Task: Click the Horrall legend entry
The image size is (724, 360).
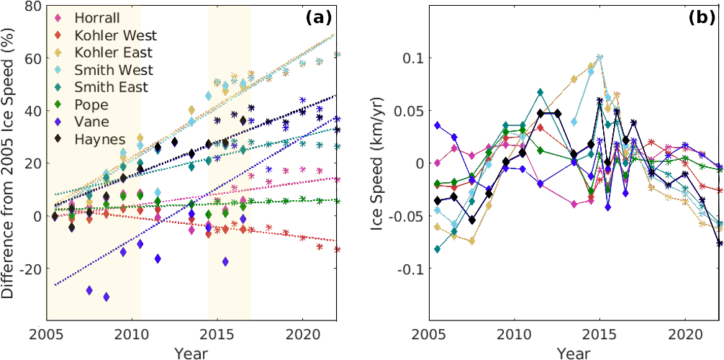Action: pyautogui.click(x=99, y=17)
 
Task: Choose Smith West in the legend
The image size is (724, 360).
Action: pyautogui.click(x=114, y=70)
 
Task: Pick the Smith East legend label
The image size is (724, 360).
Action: pyautogui.click(x=112, y=87)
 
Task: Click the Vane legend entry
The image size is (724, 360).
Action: pyautogui.click(x=92, y=122)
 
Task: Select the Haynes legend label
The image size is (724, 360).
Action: pyautogui.click(x=99, y=139)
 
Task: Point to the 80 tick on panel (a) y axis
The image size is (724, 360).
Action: pyautogui.click(x=32, y=6)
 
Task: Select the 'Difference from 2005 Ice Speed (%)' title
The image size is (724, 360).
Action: pyautogui.click(x=9, y=162)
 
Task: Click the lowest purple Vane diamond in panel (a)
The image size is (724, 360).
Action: pyautogui.click(x=107, y=297)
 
